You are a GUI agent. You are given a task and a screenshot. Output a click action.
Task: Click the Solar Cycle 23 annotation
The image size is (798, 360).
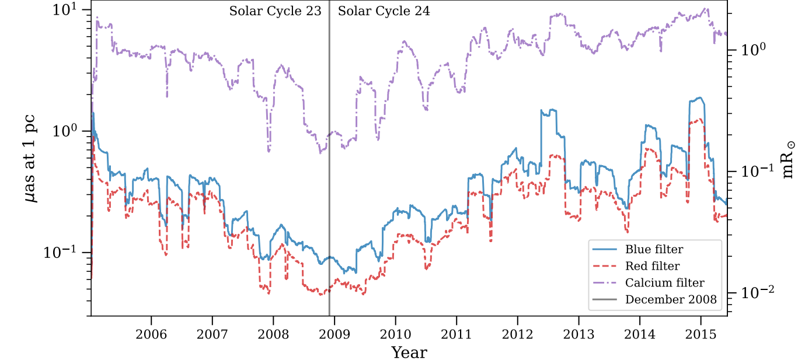coord(275,11)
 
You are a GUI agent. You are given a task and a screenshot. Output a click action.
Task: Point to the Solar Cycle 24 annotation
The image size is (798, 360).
coord(384,11)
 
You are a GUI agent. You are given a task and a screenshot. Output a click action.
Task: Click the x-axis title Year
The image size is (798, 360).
coord(409,352)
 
